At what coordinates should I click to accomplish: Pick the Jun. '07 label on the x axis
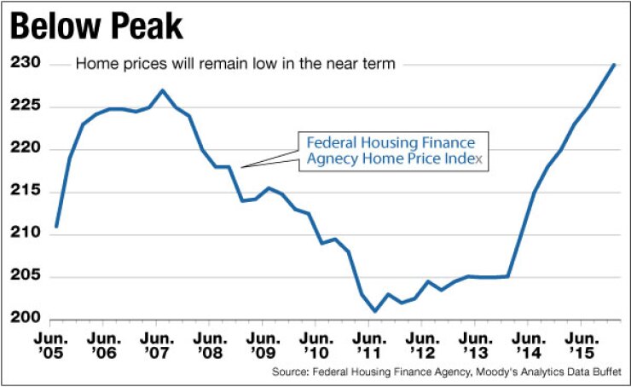(156, 346)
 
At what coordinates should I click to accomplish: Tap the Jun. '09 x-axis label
(263, 346)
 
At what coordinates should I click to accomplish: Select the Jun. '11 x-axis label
(368, 346)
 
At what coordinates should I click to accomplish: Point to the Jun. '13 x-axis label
(474, 346)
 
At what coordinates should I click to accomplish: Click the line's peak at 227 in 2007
(163, 90)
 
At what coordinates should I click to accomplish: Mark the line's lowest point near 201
(375, 311)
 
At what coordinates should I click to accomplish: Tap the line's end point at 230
(614, 65)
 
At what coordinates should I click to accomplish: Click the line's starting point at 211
(56, 226)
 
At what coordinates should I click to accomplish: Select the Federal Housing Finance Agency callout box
(393, 151)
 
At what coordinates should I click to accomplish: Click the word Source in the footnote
(291, 373)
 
